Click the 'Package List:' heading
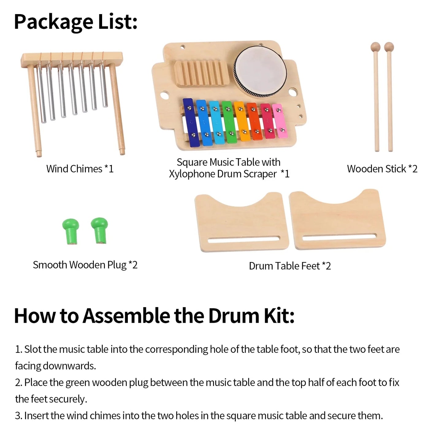(x=75, y=22)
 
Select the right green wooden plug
(x=100, y=229)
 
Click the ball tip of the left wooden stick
(x=375, y=47)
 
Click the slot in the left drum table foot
(x=244, y=239)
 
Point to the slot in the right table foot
(x=339, y=237)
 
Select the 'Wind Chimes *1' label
(x=80, y=169)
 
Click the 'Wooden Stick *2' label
(x=382, y=169)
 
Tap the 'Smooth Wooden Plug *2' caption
(x=85, y=265)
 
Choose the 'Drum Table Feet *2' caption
(x=290, y=266)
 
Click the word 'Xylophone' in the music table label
(x=192, y=174)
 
